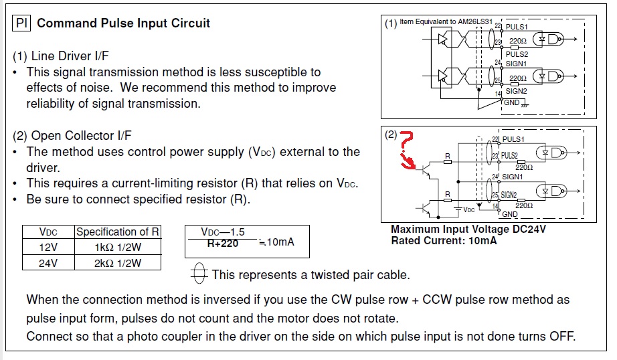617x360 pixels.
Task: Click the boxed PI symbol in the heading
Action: [x=22, y=23]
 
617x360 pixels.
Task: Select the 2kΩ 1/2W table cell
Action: [x=117, y=263]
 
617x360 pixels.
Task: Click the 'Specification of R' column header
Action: [x=117, y=232]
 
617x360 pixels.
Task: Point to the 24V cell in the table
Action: [x=48, y=263]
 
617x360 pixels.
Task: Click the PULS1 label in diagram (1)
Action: [x=516, y=26]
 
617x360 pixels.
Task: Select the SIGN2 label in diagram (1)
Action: [x=516, y=91]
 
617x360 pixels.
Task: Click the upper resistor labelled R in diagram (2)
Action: [x=448, y=161]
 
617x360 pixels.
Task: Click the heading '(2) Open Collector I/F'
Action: [x=63, y=136]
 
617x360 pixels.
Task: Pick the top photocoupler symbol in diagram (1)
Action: [x=552, y=40]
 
